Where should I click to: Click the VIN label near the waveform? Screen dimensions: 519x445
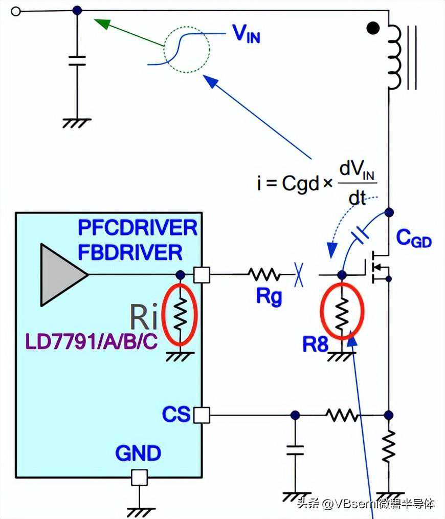click(x=246, y=34)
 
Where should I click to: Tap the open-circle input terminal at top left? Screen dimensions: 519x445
click(x=16, y=11)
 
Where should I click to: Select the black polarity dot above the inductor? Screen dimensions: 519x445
click(x=374, y=28)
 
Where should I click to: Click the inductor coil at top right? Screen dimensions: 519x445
click(x=396, y=56)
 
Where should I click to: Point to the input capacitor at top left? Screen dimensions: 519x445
click(x=77, y=61)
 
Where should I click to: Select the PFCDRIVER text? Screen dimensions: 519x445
click(x=137, y=228)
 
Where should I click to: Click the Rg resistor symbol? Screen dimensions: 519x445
click(x=264, y=275)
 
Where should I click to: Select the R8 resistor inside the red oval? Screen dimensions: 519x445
click(x=342, y=312)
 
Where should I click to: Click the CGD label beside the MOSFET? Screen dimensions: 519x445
click(x=413, y=239)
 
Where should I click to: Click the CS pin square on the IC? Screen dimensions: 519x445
click(x=202, y=415)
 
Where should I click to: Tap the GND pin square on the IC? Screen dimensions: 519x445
click(x=139, y=477)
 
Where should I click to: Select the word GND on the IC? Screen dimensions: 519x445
click(x=138, y=453)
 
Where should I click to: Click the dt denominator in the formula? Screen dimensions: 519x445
click(x=358, y=198)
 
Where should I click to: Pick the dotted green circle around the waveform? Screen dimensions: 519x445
click(x=187, y=50)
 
